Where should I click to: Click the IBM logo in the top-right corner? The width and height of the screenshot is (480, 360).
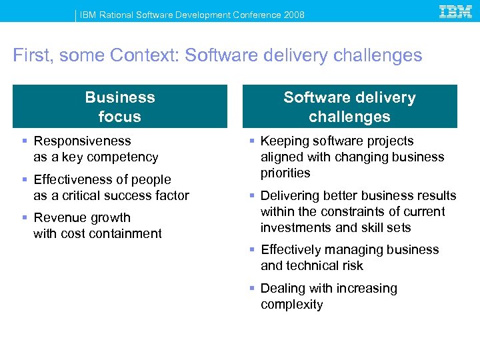pos(456,11)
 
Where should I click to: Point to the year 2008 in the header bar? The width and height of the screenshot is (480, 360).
pos(293,15)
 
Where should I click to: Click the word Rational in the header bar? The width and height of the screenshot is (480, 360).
pos(117,15)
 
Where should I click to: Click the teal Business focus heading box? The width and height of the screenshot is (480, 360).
pos(120,107)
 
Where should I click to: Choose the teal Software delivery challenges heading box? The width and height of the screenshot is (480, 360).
pos(349,107)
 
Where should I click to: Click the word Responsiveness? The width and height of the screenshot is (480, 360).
pos(82,141)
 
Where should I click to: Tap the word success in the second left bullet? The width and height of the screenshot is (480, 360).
pos(131,196)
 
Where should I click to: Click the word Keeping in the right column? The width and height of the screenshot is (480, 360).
pos(284,141)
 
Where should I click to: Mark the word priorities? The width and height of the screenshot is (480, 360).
pos(285,173)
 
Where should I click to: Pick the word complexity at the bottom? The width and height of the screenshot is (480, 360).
pos(291,305)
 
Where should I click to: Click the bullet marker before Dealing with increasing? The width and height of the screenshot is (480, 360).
pos(252,289)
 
